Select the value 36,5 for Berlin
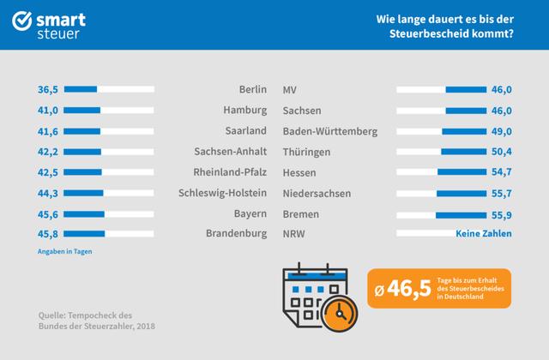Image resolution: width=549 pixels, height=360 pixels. [47, 89]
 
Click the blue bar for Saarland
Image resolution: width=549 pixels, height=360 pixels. [82, 131]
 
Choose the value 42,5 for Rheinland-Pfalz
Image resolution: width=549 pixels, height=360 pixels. [47, 172]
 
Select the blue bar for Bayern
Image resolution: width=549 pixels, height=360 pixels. [84, 213]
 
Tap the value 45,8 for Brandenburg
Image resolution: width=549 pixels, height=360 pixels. [47, 234]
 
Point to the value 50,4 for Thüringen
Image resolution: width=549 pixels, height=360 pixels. [523, 152]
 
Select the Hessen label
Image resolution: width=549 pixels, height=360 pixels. [300, 172]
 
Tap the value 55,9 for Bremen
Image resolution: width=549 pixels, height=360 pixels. [523, 213]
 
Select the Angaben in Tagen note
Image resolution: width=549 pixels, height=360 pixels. [64, 251]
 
